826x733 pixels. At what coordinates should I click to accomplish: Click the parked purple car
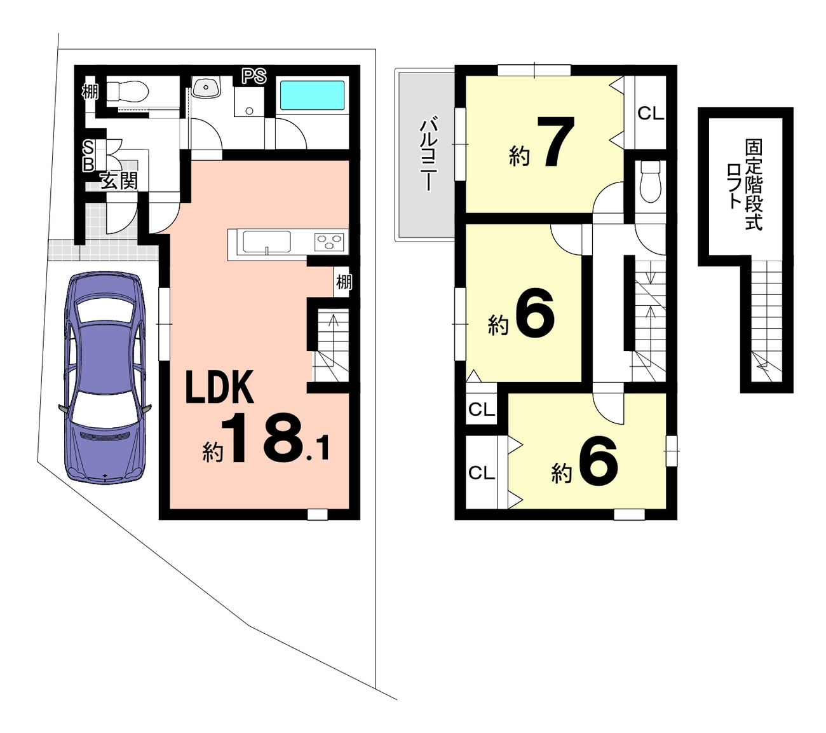105,378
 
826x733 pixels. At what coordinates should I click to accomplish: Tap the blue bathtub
312,95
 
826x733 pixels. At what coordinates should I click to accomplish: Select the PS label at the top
254,76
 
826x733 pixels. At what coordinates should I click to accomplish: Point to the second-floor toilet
650,181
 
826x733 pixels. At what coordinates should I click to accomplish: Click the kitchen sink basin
267,242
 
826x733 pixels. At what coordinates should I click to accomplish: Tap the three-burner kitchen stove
329,242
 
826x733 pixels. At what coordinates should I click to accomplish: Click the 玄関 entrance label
119,181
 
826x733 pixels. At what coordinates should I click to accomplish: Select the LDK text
220,387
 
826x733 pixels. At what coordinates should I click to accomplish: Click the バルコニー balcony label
428,154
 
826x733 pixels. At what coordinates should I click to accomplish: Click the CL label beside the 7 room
651,114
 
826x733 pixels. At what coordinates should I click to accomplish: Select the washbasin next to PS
206,87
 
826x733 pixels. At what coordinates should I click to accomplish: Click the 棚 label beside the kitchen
344,282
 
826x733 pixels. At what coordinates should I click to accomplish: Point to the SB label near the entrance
88,156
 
